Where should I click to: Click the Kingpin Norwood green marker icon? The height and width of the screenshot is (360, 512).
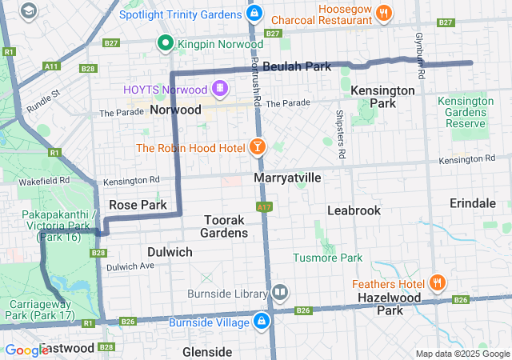[x=166, y=42]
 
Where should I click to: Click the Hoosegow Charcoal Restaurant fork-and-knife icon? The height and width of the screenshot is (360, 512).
[x=385, y=12]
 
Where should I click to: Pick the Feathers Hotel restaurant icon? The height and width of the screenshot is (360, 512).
[x=438, y=283]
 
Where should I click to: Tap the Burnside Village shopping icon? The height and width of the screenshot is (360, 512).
[x=261, y=322]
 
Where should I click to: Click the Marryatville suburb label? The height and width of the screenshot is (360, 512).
[x=287, y=177]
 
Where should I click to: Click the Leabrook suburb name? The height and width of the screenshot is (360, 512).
[x=354, y=210]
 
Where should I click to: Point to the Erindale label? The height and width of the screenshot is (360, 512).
[x=473, y=203]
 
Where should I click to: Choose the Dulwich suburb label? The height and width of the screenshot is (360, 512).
[x=170, y=251]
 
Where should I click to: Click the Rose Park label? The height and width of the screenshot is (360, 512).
[x=138, y=205]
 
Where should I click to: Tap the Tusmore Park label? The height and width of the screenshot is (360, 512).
[x=327, y=258]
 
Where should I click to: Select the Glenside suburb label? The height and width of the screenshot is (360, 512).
[x=207, y=351]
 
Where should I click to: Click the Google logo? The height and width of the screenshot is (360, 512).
[x=26, y=350]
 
